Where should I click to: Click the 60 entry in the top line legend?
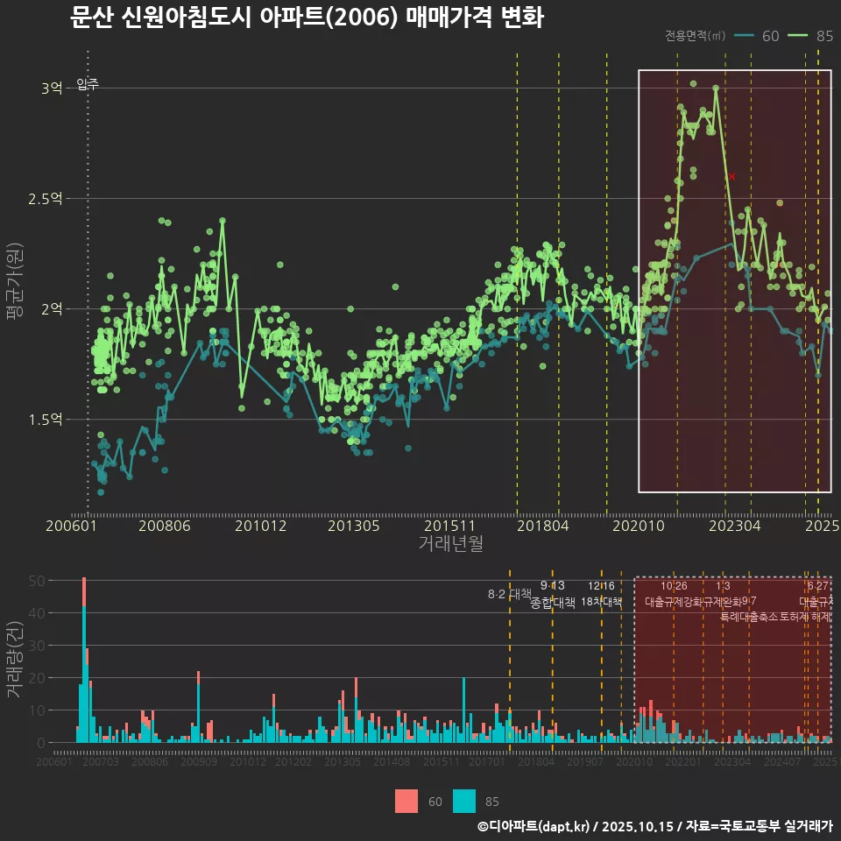(x=770, y=36)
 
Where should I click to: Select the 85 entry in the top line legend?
(x=823, y=36)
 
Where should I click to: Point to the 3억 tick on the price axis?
(x=51, y=88)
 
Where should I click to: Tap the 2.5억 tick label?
(x=45, y=199)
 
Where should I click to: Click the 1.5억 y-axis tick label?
(x=45, y=420)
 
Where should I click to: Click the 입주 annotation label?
(x=88, y=84)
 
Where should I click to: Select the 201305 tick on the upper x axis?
(x=353, y=526)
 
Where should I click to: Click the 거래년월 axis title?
(x=450, y=544)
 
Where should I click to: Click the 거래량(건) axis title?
(x=14, y=660)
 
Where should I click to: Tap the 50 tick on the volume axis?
(x=37, y=580)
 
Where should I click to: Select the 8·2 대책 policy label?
(x=509, y=594)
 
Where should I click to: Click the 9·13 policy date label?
(x=552, y=585)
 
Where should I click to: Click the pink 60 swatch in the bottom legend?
(x=406, y=801)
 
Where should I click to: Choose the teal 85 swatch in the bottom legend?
(x=464, y=801)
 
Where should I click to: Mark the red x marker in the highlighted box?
(x=731, y=176)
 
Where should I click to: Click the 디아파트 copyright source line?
(x=654, y=826)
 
